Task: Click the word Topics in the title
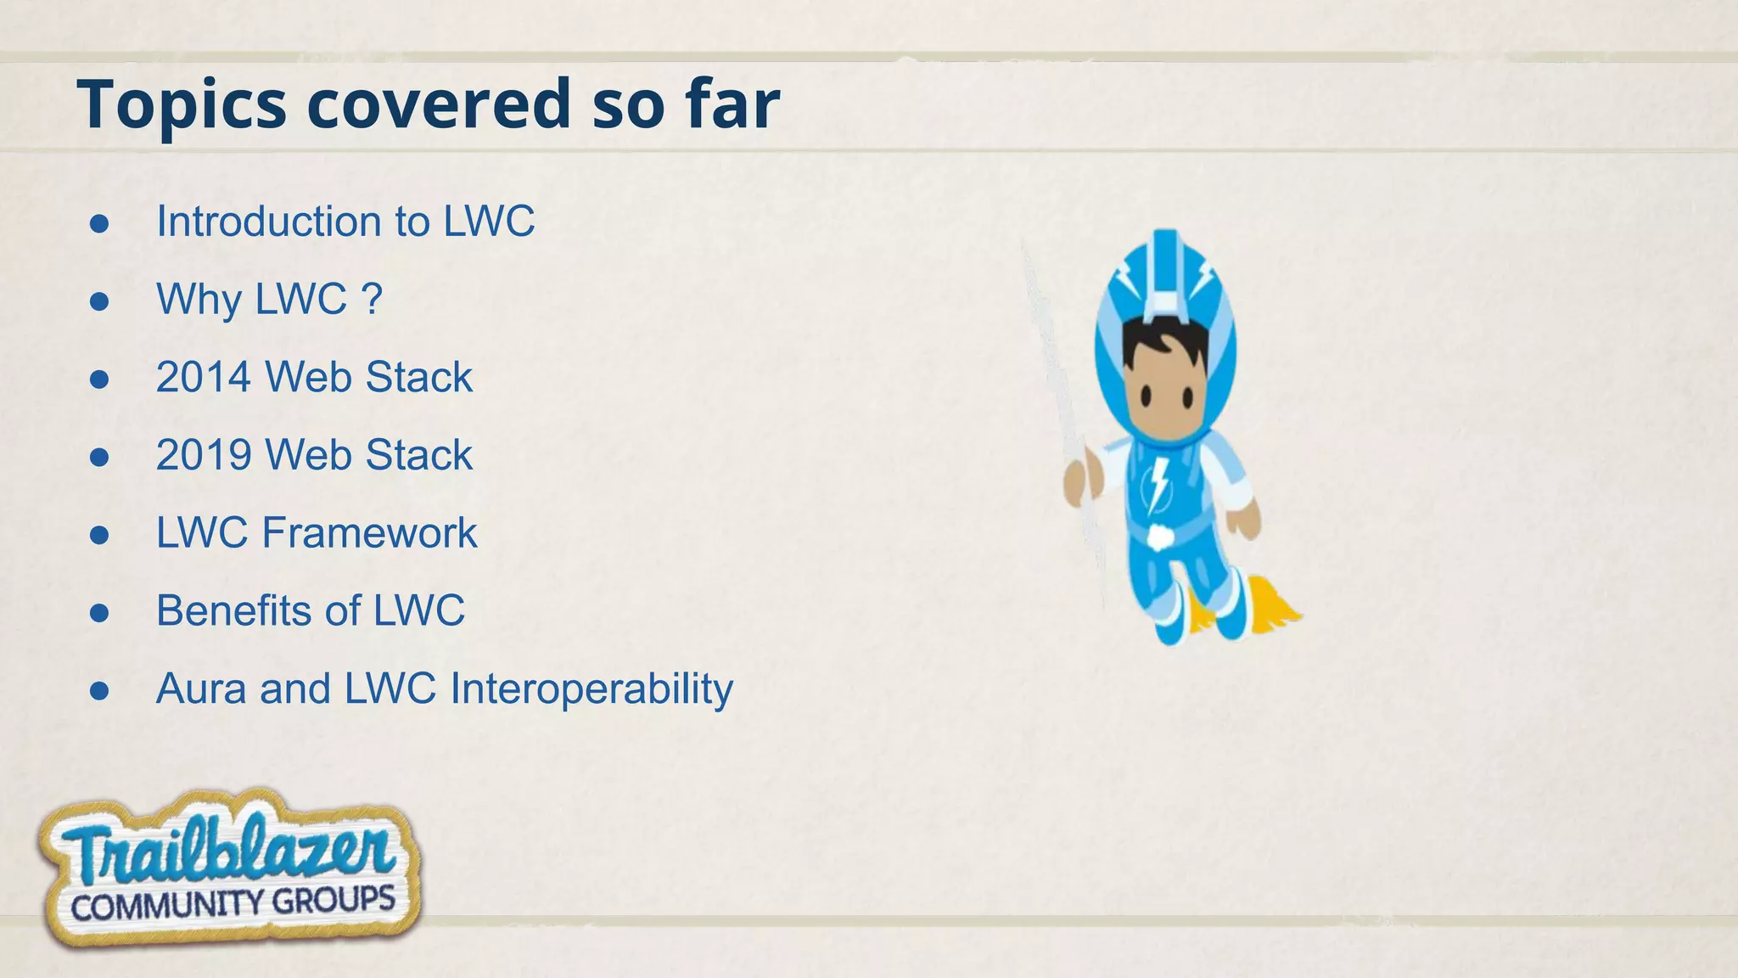[x=181, y=105]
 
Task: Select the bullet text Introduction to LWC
[x=345, y=222]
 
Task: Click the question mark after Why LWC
[x=372, y=299]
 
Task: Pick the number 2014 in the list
[x=204, y=377]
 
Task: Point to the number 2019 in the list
[x=204, y=455]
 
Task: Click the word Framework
[x=369, y=533]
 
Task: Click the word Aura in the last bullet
[x=200, y=689]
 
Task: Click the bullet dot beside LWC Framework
[x=99, y=535]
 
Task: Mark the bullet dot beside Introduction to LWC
[x=99, y=223]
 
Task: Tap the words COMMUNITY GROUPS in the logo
[x=233, y=902]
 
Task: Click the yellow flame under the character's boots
[x=1273, y=604]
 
